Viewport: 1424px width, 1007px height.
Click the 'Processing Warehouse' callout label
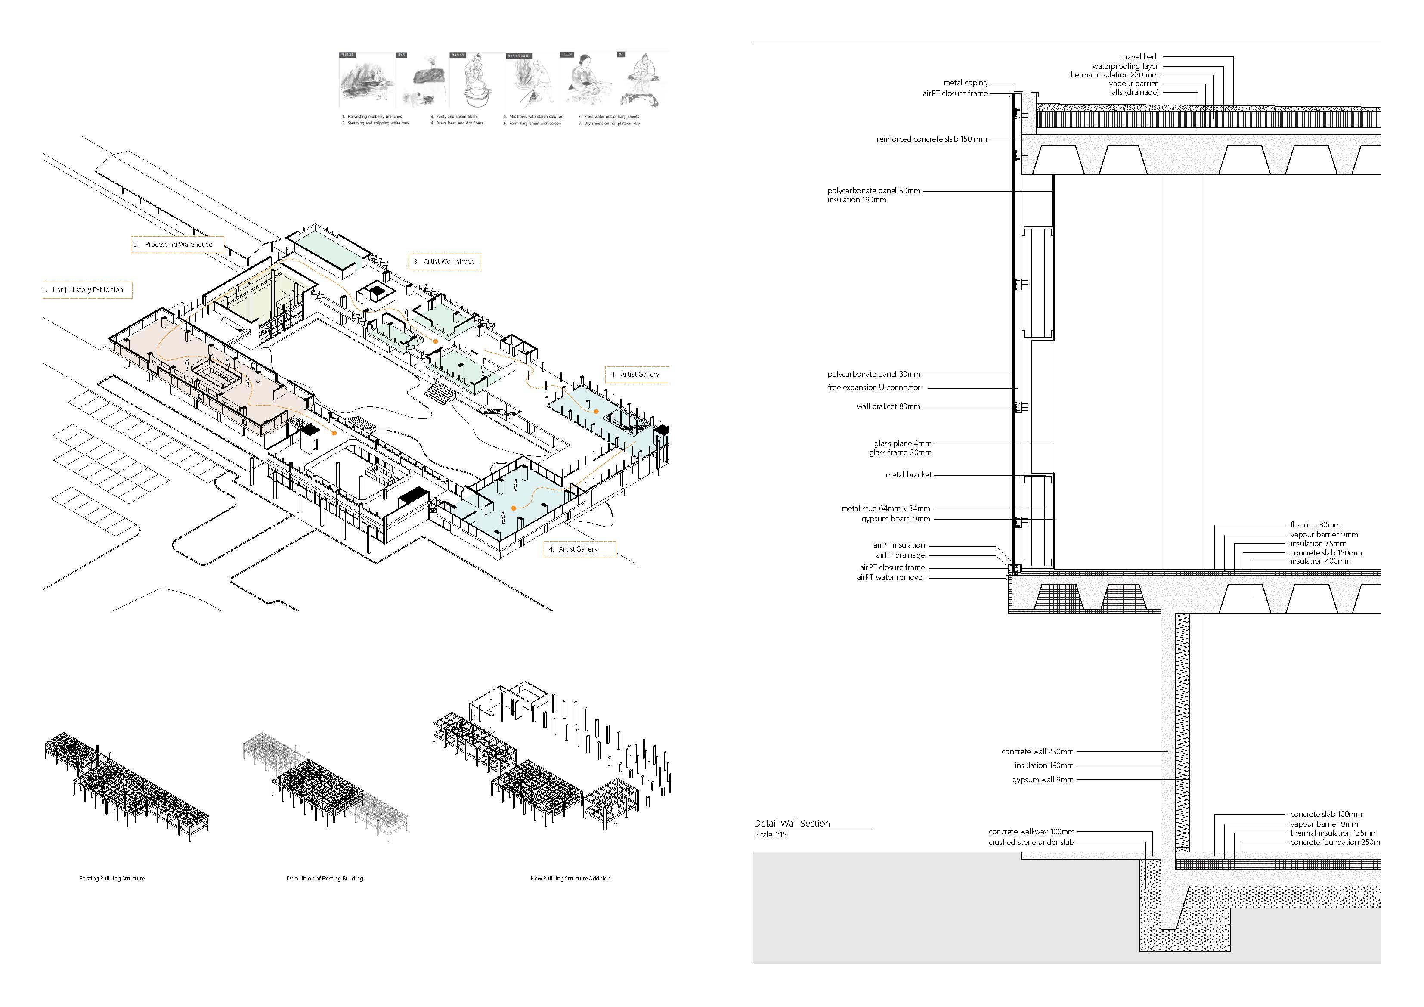pyautogui.click(x=178, y=245)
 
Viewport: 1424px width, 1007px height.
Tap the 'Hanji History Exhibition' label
pyautogui.click(x=87, y=290)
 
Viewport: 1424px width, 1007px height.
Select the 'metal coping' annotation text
pyautogui.click(x=965, y=83)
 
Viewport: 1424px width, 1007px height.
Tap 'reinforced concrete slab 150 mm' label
pyautogui.click(x=931, y=139)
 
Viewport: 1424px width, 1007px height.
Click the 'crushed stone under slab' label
pyautogui.click(x=1031, y=843)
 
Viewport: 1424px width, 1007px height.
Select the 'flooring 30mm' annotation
pyautogui.click(x=1315, y=525)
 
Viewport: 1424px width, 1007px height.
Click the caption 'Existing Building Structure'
pyautogui.click(x=112, y=879)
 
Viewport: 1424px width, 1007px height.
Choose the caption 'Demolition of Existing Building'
pyautogui.click(x=325, y=879)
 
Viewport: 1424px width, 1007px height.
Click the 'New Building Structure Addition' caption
pyautogui.click(x=570, y=879)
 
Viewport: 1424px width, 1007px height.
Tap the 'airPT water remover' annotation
pyautogui.click(x=890, y=578)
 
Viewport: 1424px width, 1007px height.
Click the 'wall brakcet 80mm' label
pyautogui.click(x=888, y=407)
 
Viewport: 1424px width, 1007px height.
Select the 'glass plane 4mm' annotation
pyautogui.click(x=902, y=443)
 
